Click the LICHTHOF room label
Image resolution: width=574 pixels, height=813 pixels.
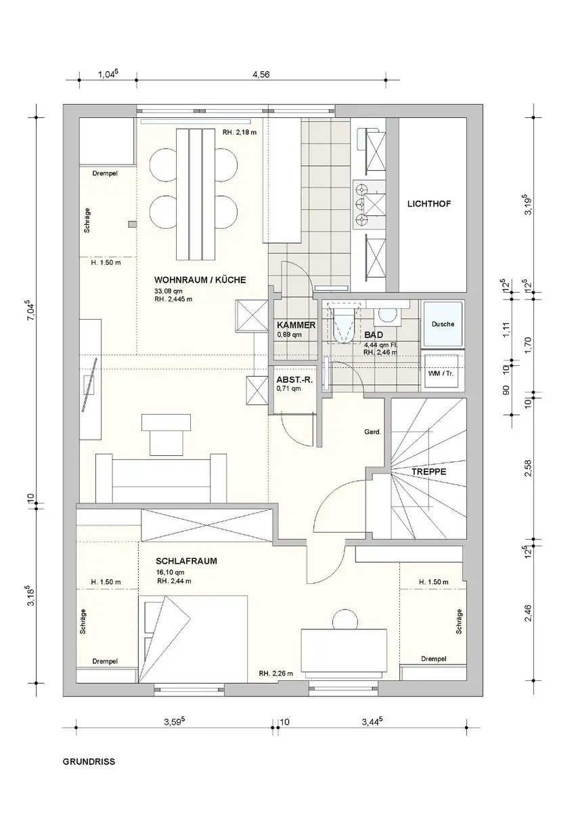tap(429, 204)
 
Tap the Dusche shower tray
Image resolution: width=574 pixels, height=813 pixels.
tap(443, 324)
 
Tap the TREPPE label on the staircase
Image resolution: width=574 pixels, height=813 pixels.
tap(428, 472)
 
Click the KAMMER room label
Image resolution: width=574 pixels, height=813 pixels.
tap(296, 325)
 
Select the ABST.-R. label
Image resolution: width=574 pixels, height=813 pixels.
tap(294, 380)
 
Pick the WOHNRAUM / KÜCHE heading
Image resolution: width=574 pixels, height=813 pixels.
tap(200, 280)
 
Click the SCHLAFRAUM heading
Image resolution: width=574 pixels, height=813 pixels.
tap(186, 561)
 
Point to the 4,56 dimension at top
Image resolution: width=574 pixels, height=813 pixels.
tap(261, 75)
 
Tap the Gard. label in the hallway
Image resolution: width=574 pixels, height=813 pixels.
tap(373, 432)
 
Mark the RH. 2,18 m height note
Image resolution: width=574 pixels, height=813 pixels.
tap(240, 133)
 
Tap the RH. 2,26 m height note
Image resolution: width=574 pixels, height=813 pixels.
tap(276, 673)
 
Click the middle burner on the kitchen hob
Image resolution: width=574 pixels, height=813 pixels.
tap(360, 204)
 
